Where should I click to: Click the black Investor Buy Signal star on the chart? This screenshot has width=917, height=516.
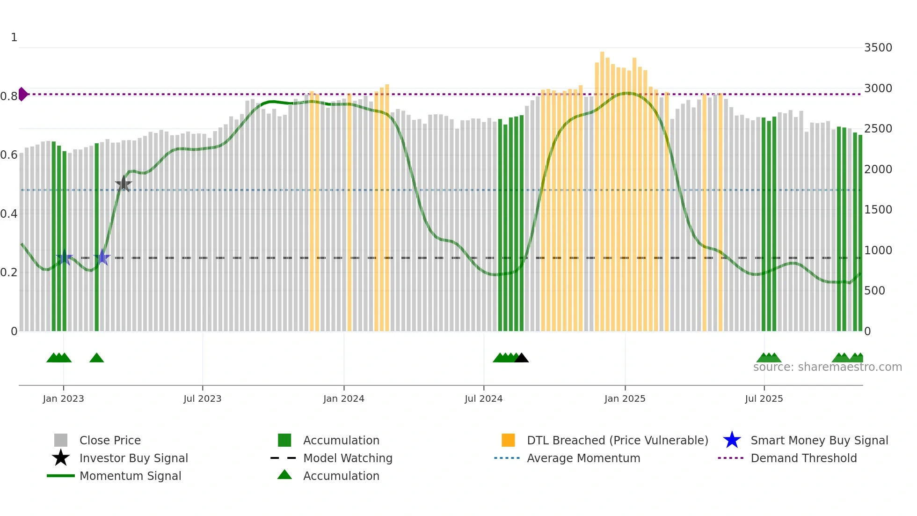pyautogui.click(x=124, y=184)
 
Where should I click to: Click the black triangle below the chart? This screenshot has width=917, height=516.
pyautogui.click(x=521, y=358)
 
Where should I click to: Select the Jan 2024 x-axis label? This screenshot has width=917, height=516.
pyautogui.click(x=343, y=398)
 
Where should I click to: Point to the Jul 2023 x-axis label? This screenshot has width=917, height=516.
pyautogui.click(x=202, y=398)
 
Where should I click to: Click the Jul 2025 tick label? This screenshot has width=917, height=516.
pyautogui.click(x=764, y=398)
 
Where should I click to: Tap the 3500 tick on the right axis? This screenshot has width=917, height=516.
pyautogui.click(x=878, y=48)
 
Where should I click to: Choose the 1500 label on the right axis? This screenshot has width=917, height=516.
pyautogui.click(x=878, y=210)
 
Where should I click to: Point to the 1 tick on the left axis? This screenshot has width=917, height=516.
pyautogui.click(x=14, y=37)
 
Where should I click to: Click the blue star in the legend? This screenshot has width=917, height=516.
pyautogui.click(x=732, y=440)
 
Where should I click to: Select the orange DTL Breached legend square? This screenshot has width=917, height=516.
pyautogui.click(x=508, y=440)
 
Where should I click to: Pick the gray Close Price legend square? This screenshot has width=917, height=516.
pyautogui.click(x=61, y=440)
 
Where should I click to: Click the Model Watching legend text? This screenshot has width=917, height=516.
pyautogui.click(x=348, y=458)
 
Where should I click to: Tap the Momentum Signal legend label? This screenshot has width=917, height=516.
pyautogui.click(x=130, y=476)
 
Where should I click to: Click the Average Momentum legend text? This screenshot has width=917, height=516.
pyautogui.click(x=583, y=458)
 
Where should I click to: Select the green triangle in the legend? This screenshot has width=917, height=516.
pyautogui.click(x=284, y=475)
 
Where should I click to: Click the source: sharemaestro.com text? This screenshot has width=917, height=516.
pyautogui.click(x=827, y=367)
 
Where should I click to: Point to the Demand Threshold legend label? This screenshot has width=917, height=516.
pyautogui.click(x=803, y=458)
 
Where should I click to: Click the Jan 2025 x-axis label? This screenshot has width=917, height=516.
pyautogui.click(x=625, y=398)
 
